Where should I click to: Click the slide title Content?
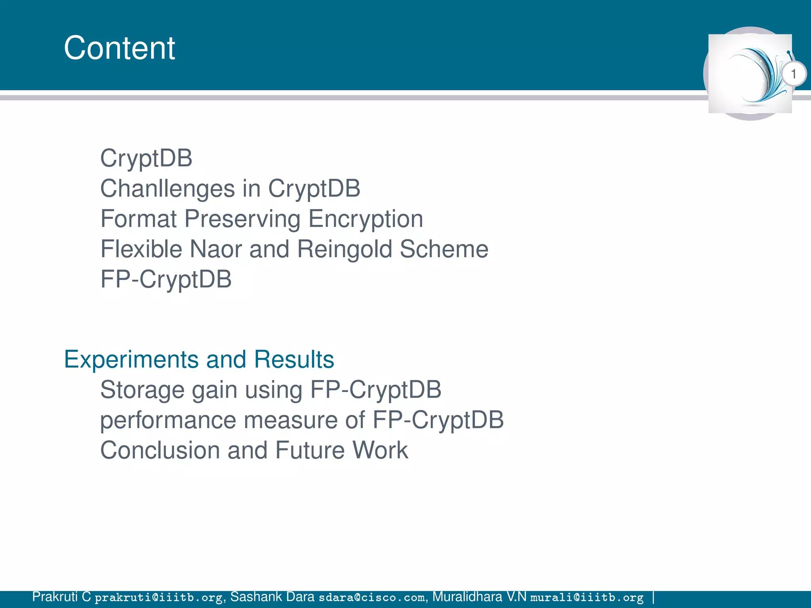(x=119, y=48)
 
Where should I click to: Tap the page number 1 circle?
(x=793, y=74)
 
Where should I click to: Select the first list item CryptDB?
(x=146, y=158)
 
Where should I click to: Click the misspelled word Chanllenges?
(x=168, y=188)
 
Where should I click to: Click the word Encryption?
(x=366, y=219)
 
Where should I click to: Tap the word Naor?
(x=215, y=249)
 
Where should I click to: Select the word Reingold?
(x=345, y=249)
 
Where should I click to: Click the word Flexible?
(x=141, y=249)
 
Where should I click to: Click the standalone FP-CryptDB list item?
(x=166, y=279)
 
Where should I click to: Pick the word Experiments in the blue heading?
(x=131, y=359)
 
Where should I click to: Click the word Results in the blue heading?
(x=294, y=359)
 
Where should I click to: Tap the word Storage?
(x=142, y=390)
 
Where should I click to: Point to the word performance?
(x=168, y=420)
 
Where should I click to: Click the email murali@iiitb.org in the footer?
(x=586, y=597)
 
